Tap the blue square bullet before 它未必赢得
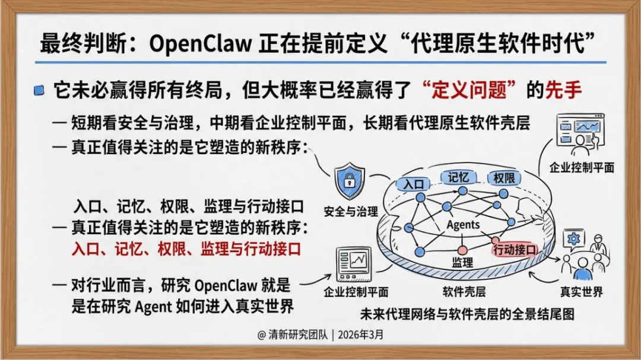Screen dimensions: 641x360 tap(39, 90)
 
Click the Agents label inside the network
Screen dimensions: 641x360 tap(463, 225)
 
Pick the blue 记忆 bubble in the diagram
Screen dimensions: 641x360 tap(459, 177)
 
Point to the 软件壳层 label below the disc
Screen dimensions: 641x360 tap(464, 292)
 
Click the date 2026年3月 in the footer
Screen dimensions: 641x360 tap(360, 334)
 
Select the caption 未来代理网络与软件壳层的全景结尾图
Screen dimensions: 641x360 tap(467, 314)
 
